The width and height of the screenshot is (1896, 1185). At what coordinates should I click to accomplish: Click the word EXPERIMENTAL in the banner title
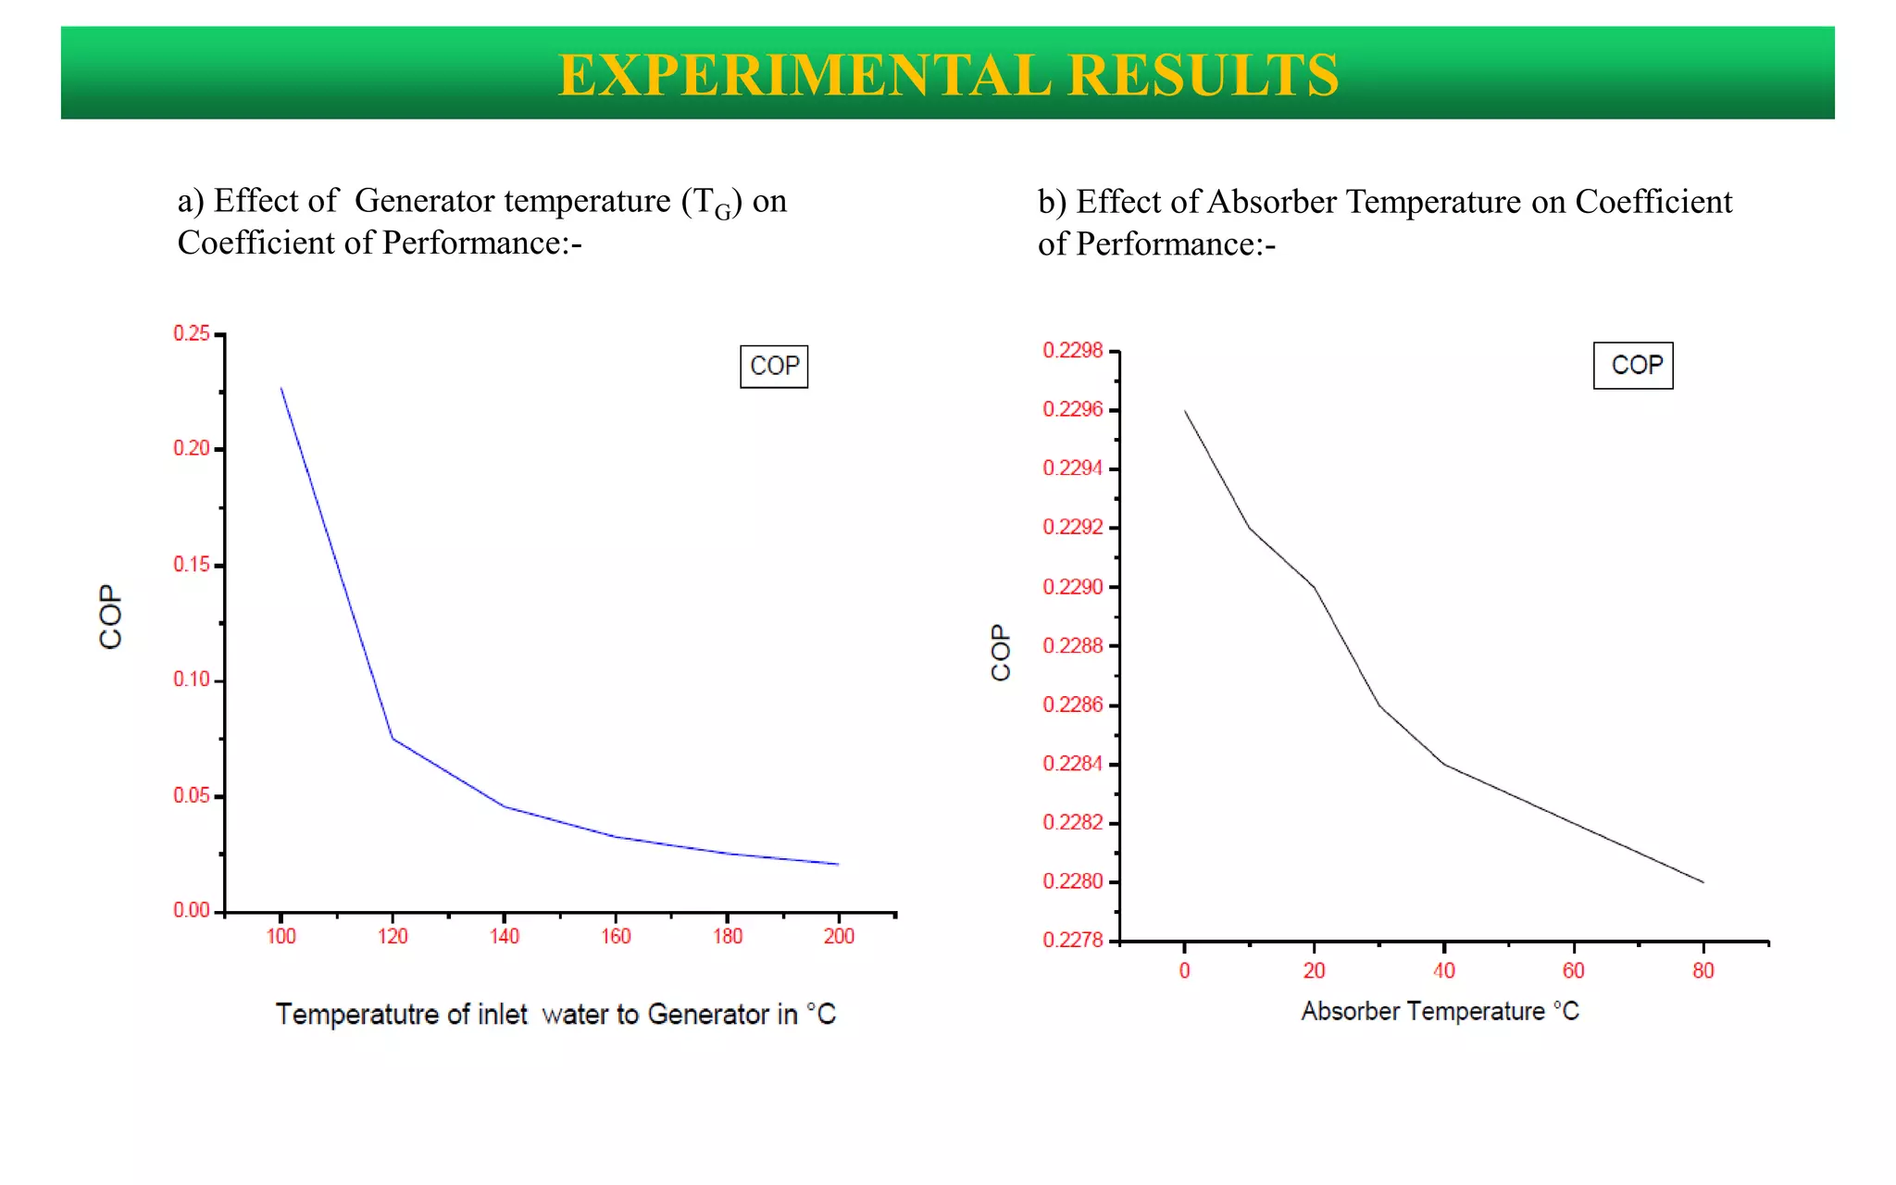[x=805, y=75]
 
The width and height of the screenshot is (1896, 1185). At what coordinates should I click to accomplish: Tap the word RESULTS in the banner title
[x=1203, y=75]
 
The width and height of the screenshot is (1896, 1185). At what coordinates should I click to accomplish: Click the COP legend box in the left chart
[x=774, y=367]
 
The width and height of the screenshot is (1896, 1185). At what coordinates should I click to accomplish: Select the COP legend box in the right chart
[x=1633, y=366]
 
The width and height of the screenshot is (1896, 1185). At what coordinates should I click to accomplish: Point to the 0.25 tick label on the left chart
[x=192, y=333]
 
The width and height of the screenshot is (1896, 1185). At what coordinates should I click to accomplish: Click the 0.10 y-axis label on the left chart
[x=192, y=680]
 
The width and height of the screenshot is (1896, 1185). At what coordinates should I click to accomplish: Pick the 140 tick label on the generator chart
[x=505, y=937]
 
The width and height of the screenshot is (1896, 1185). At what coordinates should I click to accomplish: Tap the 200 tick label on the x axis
[x=839, y=937]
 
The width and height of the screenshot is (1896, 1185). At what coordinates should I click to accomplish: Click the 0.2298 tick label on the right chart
[x=1073, y=351]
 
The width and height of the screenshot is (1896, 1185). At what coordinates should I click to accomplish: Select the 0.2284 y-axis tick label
[x=1073, y=764]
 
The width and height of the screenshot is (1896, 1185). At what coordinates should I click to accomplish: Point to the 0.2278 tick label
[x=1073, y=941]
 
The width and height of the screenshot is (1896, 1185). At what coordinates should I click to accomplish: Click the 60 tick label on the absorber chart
[x=1574, y=971]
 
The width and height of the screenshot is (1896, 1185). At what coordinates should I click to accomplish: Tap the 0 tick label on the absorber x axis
[x=1185, y=971]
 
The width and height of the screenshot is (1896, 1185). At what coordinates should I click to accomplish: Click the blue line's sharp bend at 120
[x=393, y=738]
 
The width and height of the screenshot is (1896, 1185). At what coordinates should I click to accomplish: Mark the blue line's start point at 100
[x=281, y=388]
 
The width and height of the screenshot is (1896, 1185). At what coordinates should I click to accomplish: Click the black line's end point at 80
[x=1703, y=882]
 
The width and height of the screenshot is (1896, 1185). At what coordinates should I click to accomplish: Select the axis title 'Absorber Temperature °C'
[x=1440, y=1011]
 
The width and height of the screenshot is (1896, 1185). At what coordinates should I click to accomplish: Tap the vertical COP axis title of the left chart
[x=111, y=617]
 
